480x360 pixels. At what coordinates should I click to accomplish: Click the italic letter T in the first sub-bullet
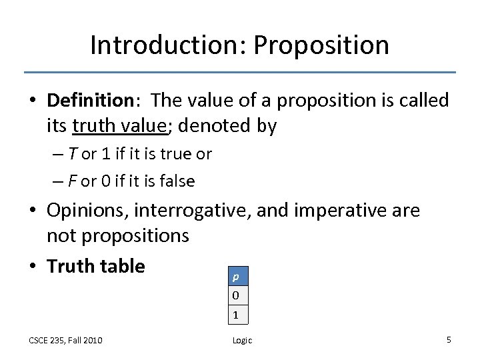[72, 154]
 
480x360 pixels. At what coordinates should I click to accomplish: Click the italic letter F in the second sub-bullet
[72, 181]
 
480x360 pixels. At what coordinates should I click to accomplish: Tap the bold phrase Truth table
[95, 266]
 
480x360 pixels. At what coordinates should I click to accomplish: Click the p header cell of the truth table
[235, 275]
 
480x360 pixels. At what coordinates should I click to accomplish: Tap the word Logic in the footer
[242, 340]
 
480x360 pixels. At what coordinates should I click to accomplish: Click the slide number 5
[449, 339]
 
